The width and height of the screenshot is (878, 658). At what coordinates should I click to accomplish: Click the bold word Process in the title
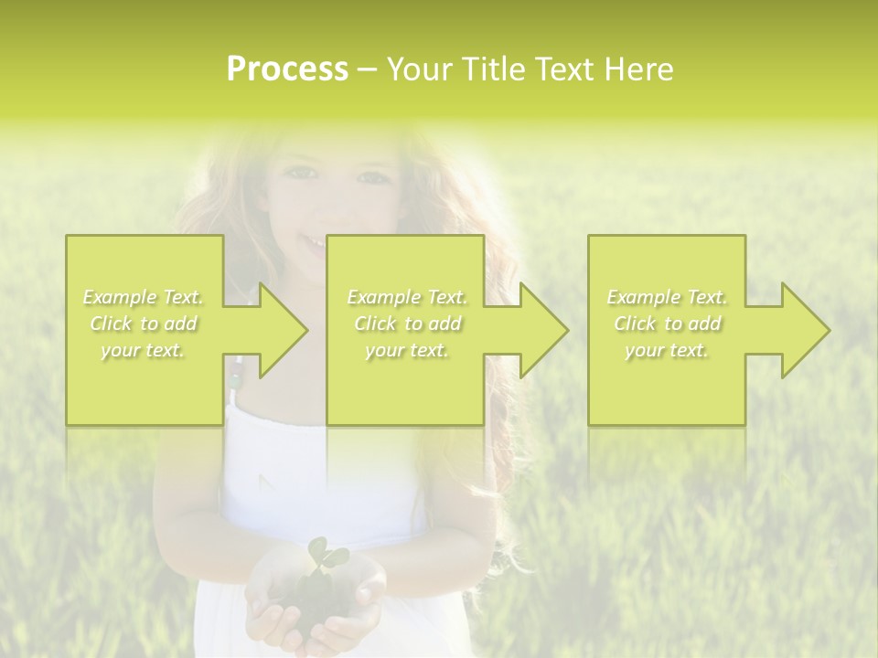(x=287, y=69)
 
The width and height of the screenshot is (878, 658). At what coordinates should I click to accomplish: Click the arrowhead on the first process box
(x=274, y=330)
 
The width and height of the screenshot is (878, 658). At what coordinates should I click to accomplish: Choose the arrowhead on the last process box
(x=797, y=330)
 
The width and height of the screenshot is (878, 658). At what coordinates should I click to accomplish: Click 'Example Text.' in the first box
(x=144, y=297)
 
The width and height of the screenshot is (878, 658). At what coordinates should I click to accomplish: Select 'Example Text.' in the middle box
(x=407, y=297)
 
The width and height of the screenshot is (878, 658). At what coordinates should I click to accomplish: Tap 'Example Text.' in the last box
(x=667, y=297)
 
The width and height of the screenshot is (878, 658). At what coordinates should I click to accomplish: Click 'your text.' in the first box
(x=144, y=350)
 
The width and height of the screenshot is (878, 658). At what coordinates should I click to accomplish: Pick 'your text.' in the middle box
(x=407, y=350)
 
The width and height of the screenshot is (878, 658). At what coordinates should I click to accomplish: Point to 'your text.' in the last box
(x=667, y=350)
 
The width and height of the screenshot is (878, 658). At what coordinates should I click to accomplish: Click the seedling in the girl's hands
(x=319, y=557)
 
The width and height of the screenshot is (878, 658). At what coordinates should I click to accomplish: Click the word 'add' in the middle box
(x=444, y=324)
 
